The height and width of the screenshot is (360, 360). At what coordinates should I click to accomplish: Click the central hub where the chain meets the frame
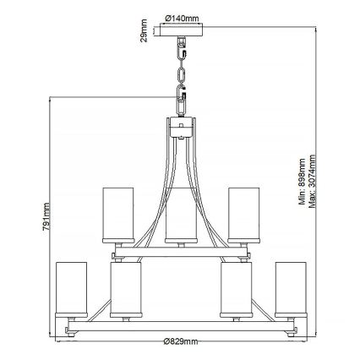tap(180, 125)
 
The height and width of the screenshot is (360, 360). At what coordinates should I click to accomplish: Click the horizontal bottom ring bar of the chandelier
tap(180, 321)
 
